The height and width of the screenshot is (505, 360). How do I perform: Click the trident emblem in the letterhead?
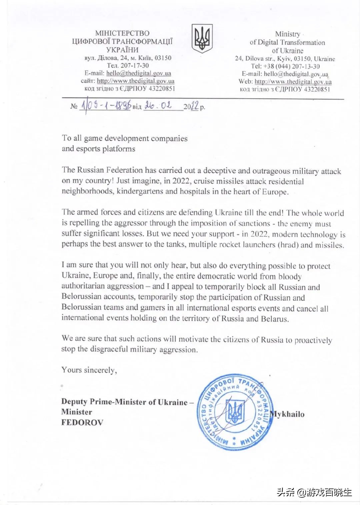click(202, 38)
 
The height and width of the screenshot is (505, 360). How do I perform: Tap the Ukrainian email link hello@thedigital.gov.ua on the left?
click(139, 73)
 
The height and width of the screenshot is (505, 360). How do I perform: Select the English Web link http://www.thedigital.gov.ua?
click(293, 82)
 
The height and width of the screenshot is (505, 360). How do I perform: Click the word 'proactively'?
click(313, 340)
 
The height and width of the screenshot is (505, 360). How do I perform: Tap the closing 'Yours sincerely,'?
click(89, 370)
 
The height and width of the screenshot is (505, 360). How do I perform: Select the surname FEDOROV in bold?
click(82, 422)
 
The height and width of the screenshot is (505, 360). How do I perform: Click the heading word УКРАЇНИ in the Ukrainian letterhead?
click(122, 50)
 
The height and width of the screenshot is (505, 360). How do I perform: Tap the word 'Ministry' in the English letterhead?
click(287, 34)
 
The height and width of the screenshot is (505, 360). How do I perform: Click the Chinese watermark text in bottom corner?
click(314, 492)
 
